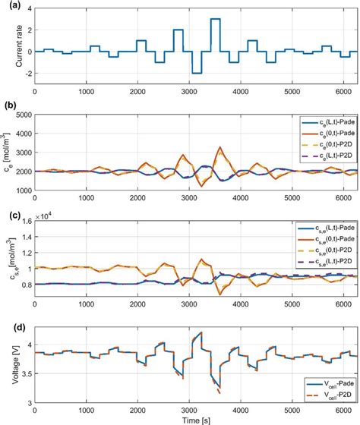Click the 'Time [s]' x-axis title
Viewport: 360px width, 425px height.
(x=194, y=419)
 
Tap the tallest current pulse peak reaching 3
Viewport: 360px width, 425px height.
(x=215, y=19)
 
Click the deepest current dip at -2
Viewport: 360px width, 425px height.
(x=197, y=73)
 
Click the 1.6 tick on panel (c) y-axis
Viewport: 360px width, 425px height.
(x=25, y=222)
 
